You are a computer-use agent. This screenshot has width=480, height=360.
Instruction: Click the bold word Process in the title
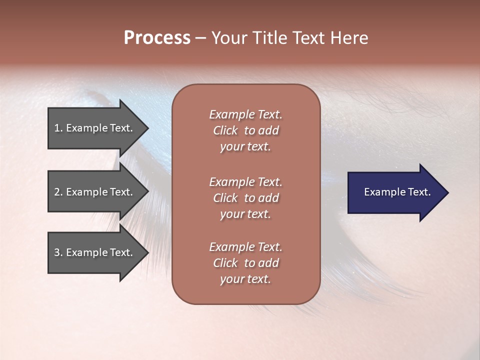click(157, 38)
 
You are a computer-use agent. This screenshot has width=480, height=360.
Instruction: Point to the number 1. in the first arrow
click(58, 128)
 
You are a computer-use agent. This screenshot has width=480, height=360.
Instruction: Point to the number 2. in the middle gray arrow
click(58, 192)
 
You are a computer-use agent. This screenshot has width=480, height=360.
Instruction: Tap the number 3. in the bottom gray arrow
click(58, 252)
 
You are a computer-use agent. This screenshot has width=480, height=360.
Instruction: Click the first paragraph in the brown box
click(245, 130)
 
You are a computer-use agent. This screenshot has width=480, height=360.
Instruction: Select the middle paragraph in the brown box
click(245, 197)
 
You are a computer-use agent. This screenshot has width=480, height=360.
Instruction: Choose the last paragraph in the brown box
click(245, 263)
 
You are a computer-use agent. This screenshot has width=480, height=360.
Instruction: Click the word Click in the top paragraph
click(225, 130)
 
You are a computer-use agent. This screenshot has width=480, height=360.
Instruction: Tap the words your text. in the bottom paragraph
click(245, 279)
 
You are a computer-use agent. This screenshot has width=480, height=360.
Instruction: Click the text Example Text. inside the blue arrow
click(397, 192)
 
